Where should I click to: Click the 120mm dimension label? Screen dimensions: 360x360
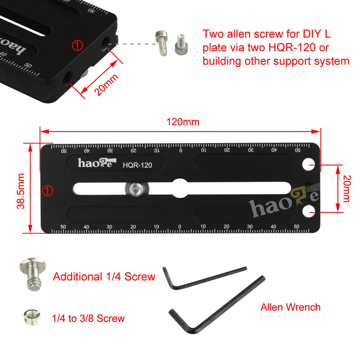(x=183, y=122)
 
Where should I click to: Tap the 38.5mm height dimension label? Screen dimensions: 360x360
(x=21, y=191)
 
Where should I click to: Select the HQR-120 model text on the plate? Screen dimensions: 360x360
(x=137, y=165)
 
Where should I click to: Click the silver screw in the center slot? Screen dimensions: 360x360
(x=137, y=189)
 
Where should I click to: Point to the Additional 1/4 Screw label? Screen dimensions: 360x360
(x=104, y=277)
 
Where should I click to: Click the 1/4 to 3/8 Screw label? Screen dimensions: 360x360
(x=88, y=318)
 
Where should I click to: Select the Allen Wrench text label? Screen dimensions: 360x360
(x=290, y=307)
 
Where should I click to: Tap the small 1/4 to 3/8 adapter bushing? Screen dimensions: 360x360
(x=32, y=317)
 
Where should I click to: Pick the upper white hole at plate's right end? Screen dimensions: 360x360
(x=308, y=164)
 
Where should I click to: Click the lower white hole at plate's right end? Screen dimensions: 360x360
(x=308, y=211)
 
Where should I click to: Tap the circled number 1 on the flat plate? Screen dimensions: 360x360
(x=47, y=190)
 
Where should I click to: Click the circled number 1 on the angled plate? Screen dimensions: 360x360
(x=77, y=45)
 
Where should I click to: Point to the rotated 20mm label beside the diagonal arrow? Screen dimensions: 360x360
(x=106, y=85)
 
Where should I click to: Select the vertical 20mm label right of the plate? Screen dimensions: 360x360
(x=347, y=189)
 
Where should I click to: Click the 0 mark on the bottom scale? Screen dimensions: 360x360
(x=180, y=226)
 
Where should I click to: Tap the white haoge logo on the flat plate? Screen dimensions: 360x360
(x=97, y=163)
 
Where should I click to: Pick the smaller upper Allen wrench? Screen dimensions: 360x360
(x=205, y=278)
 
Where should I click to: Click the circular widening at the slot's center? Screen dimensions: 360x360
(x=180, y=188)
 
